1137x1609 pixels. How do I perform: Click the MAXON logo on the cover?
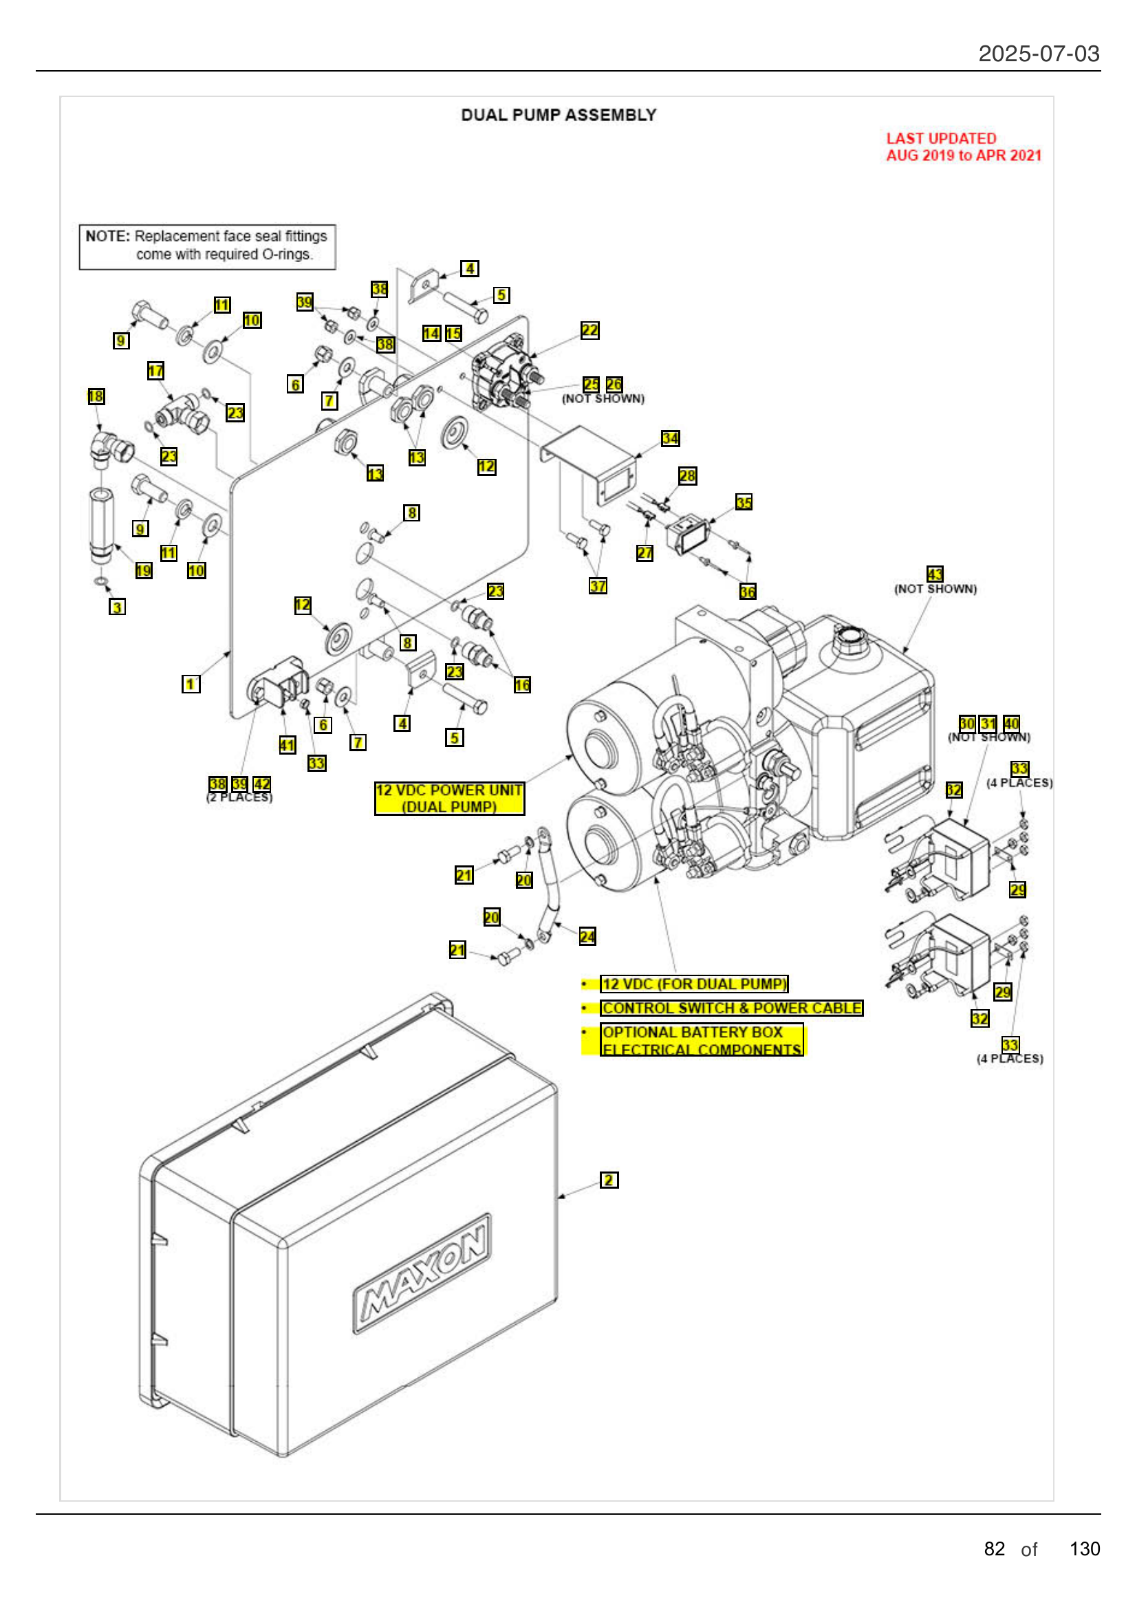(x=422, y=1273)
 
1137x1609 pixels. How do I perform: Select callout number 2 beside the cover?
(x=609, y=1180)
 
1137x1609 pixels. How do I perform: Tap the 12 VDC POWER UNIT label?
(x=449, y=798)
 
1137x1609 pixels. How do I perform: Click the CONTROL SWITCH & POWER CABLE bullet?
(x=731, y=1008)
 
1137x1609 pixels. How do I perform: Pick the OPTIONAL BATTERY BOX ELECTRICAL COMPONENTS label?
(x=702, y=1040)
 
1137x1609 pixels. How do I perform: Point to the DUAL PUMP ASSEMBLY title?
(x=559, y=115)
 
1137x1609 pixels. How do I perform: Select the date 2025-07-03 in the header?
(x=1038, y=54)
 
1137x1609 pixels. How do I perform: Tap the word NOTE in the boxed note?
(x=107, y=236)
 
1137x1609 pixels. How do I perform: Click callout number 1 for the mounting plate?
(x=191, y=684)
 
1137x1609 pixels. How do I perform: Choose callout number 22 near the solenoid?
(x=590, y=330)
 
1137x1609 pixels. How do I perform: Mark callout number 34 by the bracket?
(x=670, y=438)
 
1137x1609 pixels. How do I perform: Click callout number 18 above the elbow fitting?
(x=96, y=397)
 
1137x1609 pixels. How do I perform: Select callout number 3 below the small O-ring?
(x=118, y=607)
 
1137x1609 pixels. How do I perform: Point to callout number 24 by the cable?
(x=587, y=936)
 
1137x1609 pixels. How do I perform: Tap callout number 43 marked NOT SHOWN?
(x=935, y=574)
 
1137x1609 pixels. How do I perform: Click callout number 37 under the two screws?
(x=598, y=586)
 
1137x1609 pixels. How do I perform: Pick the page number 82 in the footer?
(x=994, y=1548)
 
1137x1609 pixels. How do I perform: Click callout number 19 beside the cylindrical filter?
(x=144, y=570)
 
